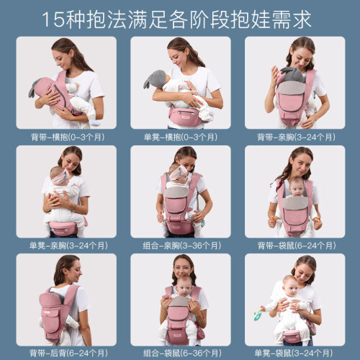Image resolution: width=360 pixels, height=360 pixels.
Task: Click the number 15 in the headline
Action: [53, 19]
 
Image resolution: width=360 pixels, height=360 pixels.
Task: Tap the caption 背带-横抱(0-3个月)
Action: [68, 137]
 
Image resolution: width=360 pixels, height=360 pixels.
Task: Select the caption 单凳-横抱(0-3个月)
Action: [181, 137]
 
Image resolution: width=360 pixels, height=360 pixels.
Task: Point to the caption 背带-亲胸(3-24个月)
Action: [296, 137]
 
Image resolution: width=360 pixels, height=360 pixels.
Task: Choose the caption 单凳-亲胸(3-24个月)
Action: [68, 246]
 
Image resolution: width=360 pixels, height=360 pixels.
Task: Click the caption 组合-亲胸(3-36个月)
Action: [181, 246]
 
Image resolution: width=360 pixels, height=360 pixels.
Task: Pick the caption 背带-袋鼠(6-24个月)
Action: [297, 246]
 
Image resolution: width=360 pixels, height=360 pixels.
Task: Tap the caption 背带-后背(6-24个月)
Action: [68, 353]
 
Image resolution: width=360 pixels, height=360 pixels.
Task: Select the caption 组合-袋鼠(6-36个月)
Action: [182, 353]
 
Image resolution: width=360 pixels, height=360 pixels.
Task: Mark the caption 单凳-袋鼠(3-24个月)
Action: [294, 353]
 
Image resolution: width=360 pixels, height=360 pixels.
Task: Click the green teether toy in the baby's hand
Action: [258, 314]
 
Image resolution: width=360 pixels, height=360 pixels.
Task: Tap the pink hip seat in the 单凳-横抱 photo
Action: [186, 116]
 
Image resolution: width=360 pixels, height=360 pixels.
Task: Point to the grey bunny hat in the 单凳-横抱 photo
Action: [155, 79]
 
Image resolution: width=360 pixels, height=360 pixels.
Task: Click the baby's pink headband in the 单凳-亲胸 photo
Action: [60, 178]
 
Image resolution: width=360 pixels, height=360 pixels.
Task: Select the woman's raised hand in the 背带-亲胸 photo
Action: [275, 76]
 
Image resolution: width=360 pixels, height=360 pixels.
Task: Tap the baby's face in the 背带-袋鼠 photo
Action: [297, 188]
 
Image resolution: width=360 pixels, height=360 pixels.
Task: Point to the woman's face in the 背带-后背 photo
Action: [75, 271]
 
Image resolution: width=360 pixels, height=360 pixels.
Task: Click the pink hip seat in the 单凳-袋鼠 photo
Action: [292, 336]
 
